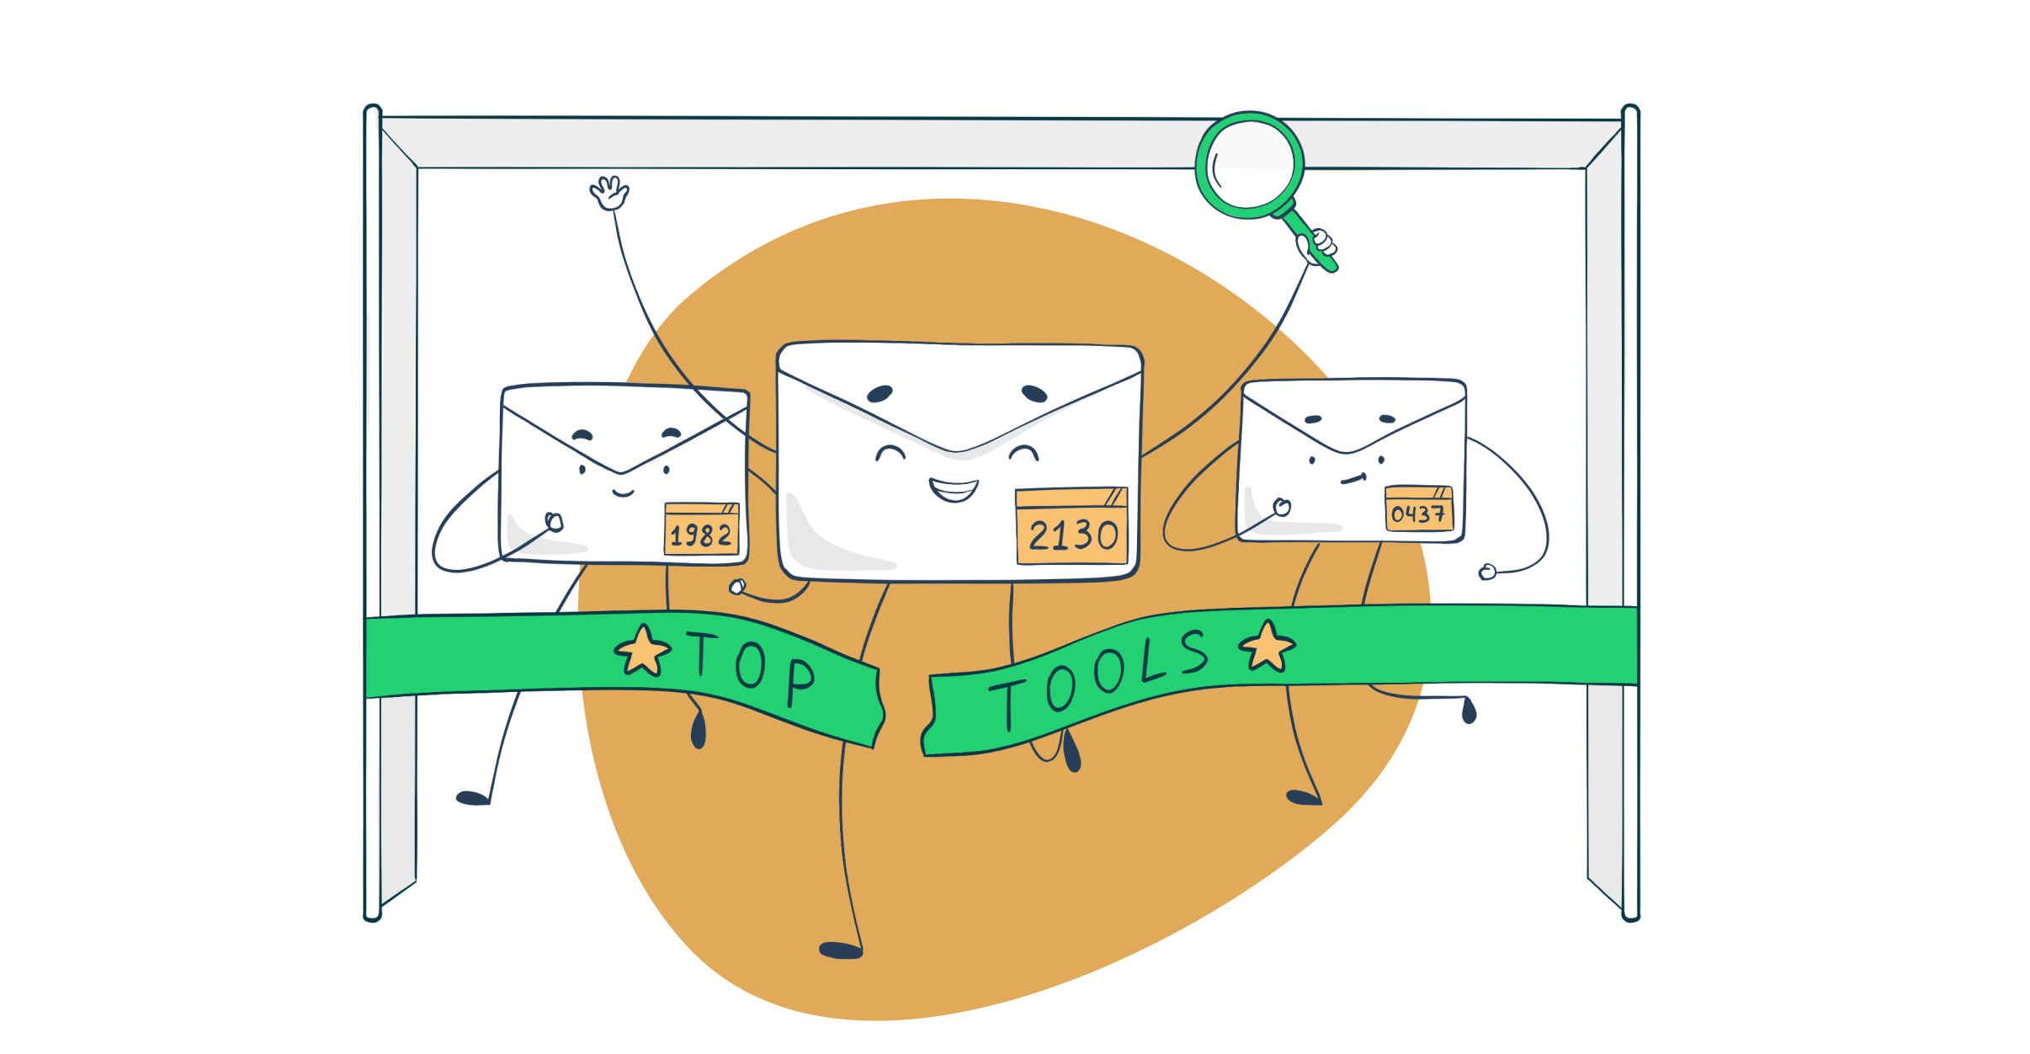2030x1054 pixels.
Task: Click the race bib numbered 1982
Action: [701, 529]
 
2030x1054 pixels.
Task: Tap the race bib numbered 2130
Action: [1071, 526]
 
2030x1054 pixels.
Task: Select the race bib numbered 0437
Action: [1419, 508]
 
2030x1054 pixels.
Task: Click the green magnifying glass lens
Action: [1250, 165]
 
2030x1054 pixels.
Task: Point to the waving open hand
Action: [609, 193]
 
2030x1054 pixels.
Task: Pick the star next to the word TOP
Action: [643, 652]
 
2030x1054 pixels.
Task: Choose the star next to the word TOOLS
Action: [1267, 647]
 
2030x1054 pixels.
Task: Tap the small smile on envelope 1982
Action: [623, 492]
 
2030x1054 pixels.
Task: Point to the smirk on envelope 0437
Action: [1353, 479]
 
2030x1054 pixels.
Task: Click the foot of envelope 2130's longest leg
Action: [841, 950]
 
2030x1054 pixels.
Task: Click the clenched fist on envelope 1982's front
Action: [554, 522]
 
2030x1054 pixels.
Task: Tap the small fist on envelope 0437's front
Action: [1282, 507]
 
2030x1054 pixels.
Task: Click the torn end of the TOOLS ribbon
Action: [928, 716]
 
